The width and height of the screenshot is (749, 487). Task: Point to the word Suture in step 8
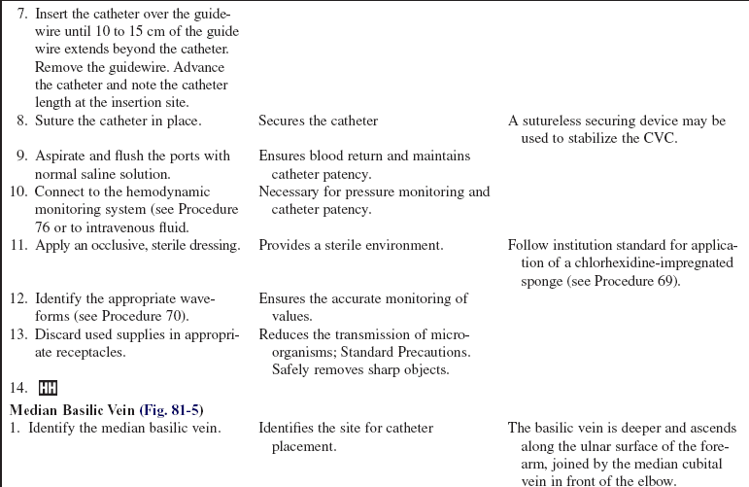pyautogui.click(x=55, y=122)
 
